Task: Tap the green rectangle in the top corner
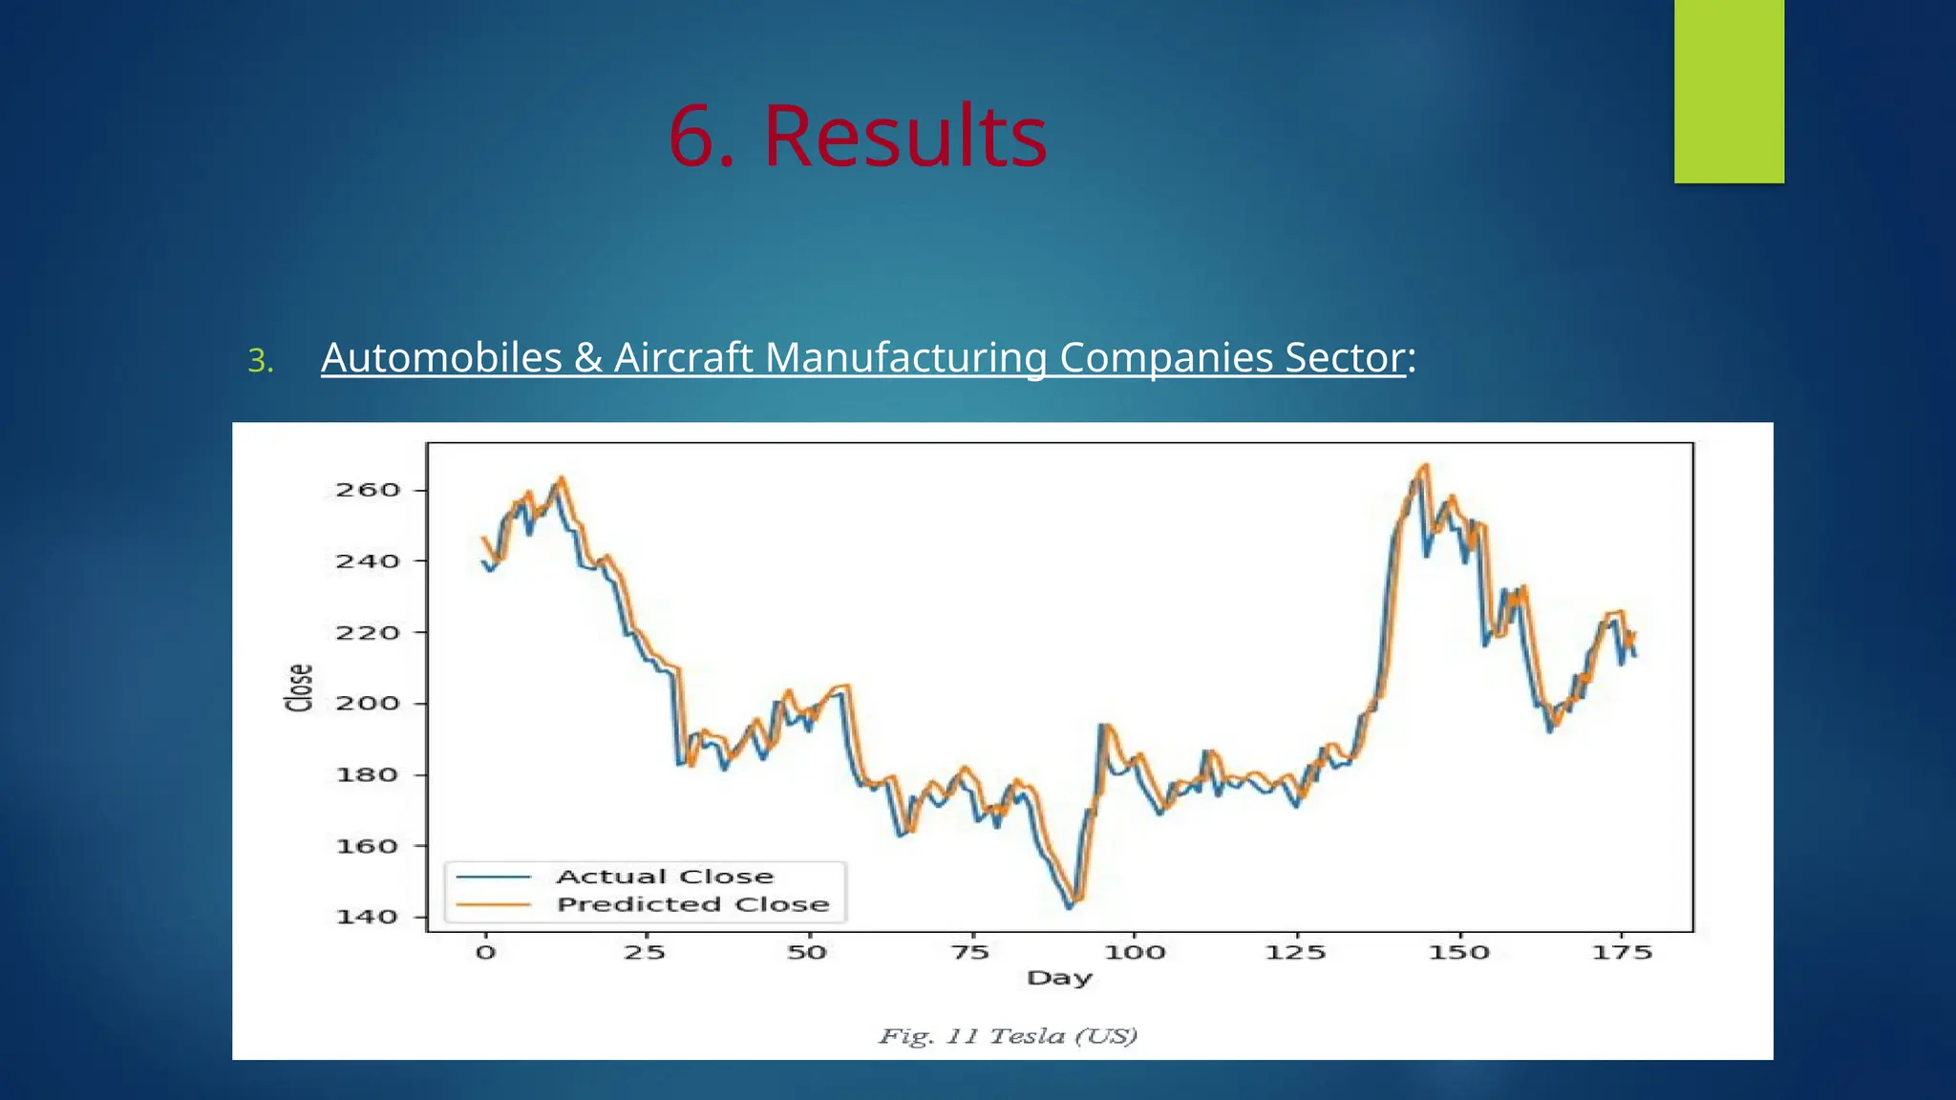pos(1729,91)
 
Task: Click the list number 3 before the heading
pos(260,361)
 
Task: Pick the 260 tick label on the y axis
pos(368,491)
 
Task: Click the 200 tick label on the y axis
pos(368,704)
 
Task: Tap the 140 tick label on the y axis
pos(368,918)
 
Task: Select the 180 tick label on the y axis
pos(368,775)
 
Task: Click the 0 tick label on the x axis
pos(485,953)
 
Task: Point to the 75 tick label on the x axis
pos(970,953)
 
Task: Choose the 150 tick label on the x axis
pos(1458,953)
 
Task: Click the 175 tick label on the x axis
pos(1622,953)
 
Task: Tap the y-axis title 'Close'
pos(299,687)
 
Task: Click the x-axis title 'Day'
pos(1059,978)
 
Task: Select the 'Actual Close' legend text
pos(665,877)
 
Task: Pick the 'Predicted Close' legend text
pos(692,904)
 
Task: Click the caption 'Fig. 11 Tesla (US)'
pos(1008,1036)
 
